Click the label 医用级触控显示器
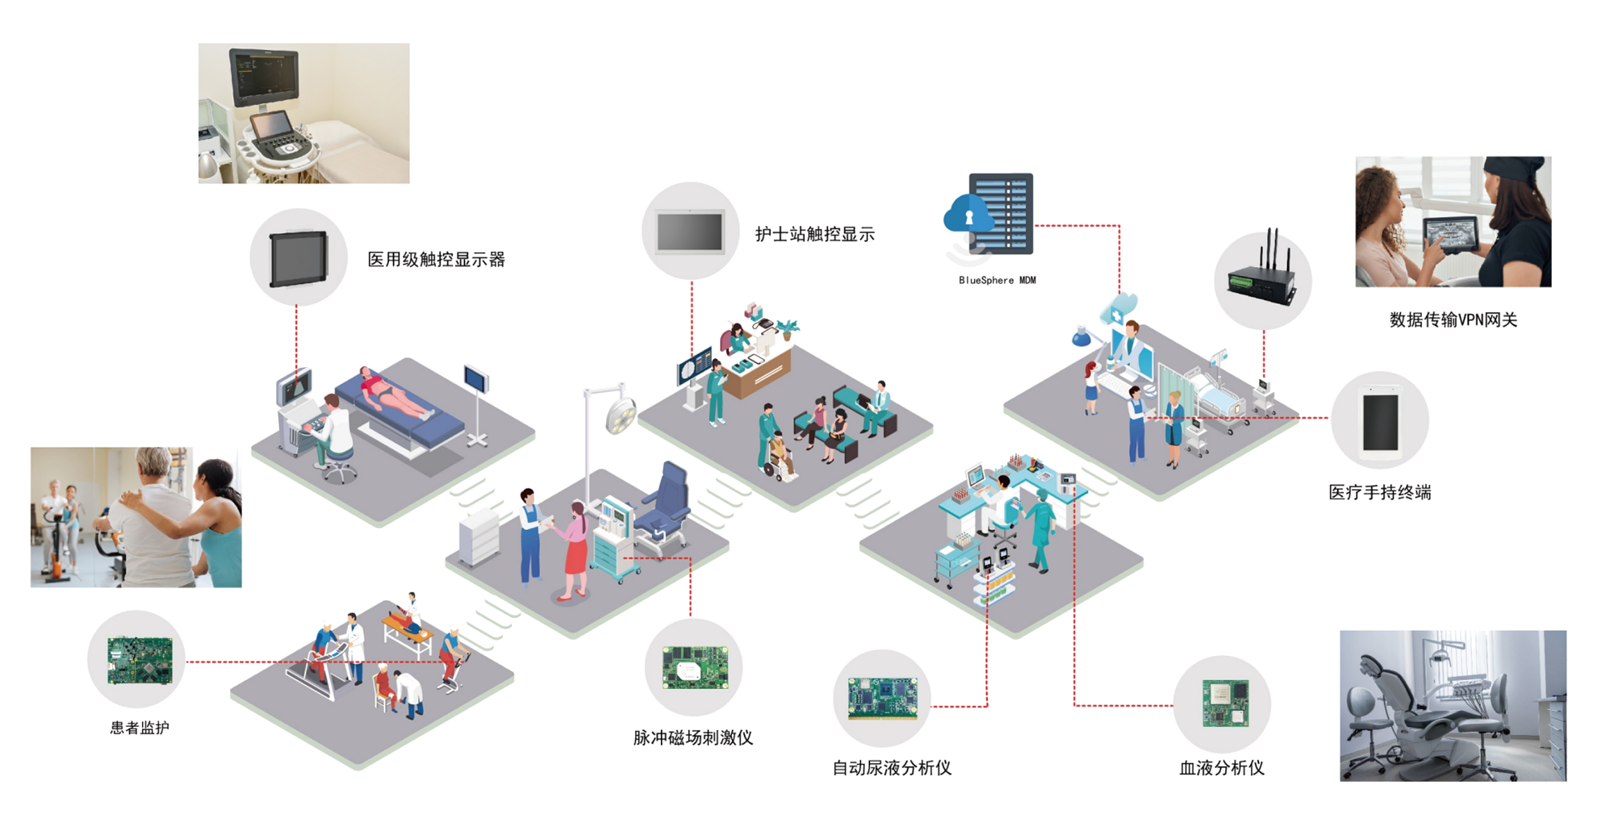pos(436,260)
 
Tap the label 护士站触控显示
pos(815,234)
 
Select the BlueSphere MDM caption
pos(997,280)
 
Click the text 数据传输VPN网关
pos(1453,320)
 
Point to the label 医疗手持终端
pos(1380,492)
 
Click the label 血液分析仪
pos(1222,768)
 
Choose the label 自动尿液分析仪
pos(892,768)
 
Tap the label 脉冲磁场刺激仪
pos(693,738)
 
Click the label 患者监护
pos(140,728)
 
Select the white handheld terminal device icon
pos(1381,422)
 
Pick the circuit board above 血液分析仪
pos(1226,703)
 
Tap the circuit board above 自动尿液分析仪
pos(882,698)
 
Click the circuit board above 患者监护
pos(139,659)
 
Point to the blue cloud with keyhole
pos(968,214)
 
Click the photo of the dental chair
pos(1453,705)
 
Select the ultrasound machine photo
pos(304,113)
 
